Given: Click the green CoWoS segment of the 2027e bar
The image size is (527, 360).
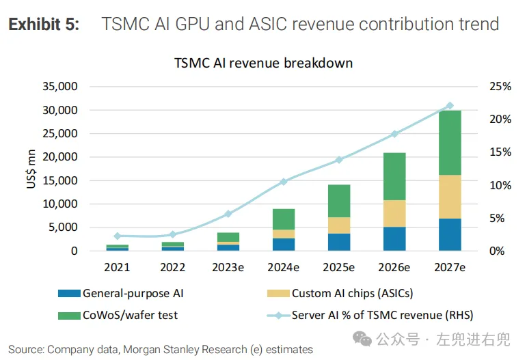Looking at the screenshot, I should [x=450, y=143].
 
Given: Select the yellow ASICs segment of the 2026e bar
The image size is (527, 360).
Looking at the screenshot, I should [x=394, y=213].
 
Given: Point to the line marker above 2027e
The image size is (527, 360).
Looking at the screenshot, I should [x=450, y=106].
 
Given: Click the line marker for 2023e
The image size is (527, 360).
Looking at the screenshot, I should [x=229, y=214].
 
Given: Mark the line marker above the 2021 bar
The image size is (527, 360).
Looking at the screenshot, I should [x=117, y=236].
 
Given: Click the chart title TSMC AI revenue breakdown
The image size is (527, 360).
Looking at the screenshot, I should [x=263, y=63].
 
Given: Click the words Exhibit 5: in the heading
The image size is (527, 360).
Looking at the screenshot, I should [x=44, y=25].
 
